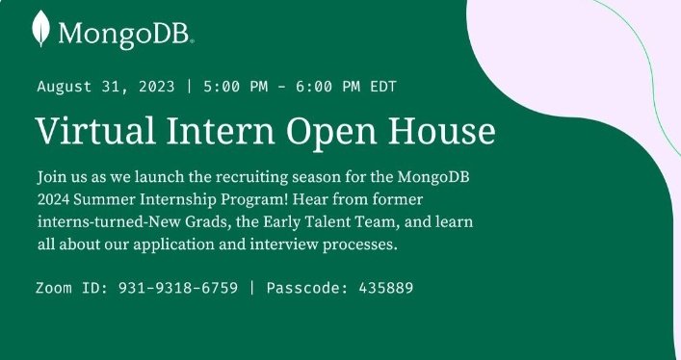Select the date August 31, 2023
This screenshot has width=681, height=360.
(106, 86)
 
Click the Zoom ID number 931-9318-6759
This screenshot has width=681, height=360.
(178, 288)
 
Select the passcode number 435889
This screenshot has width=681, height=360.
(385, 288)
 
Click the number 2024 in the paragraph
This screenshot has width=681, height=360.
(55, 201)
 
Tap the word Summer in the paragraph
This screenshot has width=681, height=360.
(111, 201)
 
